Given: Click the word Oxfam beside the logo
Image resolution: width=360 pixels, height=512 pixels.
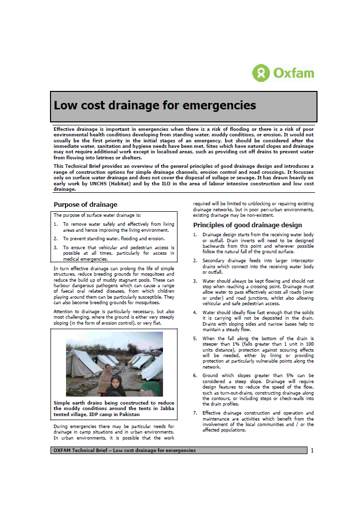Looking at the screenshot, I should coord(294,73).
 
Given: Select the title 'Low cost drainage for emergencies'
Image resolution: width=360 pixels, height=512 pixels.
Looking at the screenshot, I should coord(154,105).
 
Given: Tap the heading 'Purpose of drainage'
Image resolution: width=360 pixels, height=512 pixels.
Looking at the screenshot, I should coord(85,204).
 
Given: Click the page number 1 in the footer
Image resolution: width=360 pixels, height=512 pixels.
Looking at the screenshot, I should coord(312,451).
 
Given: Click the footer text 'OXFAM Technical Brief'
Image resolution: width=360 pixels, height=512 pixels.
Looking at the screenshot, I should coord(80,451).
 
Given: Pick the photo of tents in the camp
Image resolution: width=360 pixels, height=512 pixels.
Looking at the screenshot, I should coord(114,364).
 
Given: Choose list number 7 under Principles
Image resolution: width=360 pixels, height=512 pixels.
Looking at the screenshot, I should coord(195,413).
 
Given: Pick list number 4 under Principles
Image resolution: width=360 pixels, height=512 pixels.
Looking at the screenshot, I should coord(195,313).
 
